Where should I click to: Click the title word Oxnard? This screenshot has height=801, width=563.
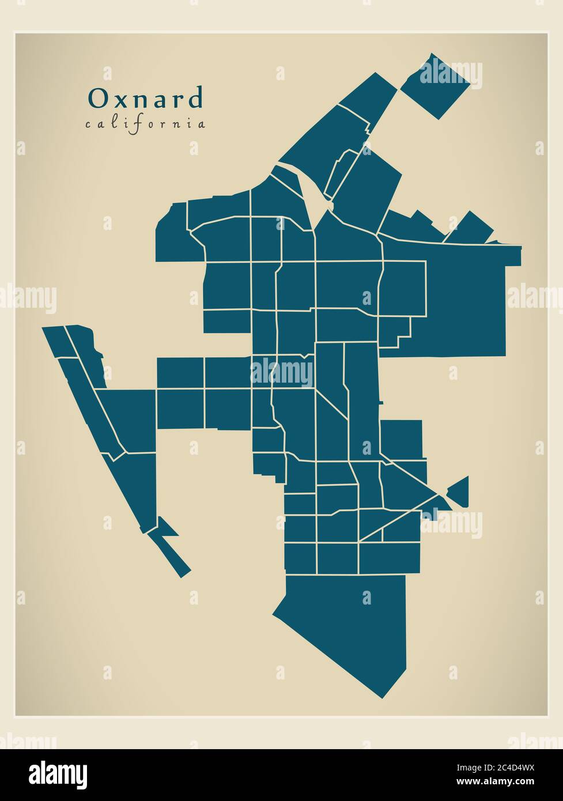click(145, 99)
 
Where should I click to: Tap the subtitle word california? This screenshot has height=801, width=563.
click(145, 123)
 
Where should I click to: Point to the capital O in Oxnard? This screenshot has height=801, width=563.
click(96, 99)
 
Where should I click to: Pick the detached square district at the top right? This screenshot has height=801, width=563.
click(435, 86)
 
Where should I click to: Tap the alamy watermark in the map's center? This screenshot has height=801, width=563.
click(282, 373)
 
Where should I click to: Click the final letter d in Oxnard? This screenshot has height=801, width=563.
click(196, 99)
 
